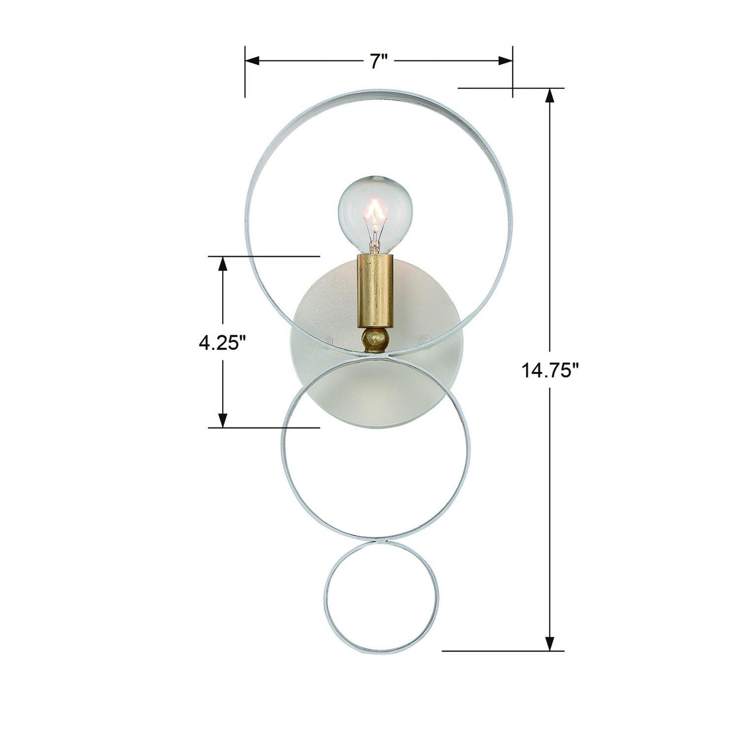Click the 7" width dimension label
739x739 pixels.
(379, 61)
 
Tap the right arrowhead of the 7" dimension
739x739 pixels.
(505, 60)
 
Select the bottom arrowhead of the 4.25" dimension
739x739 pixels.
(223, 419)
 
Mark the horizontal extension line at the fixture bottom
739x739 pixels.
(499, 651)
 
